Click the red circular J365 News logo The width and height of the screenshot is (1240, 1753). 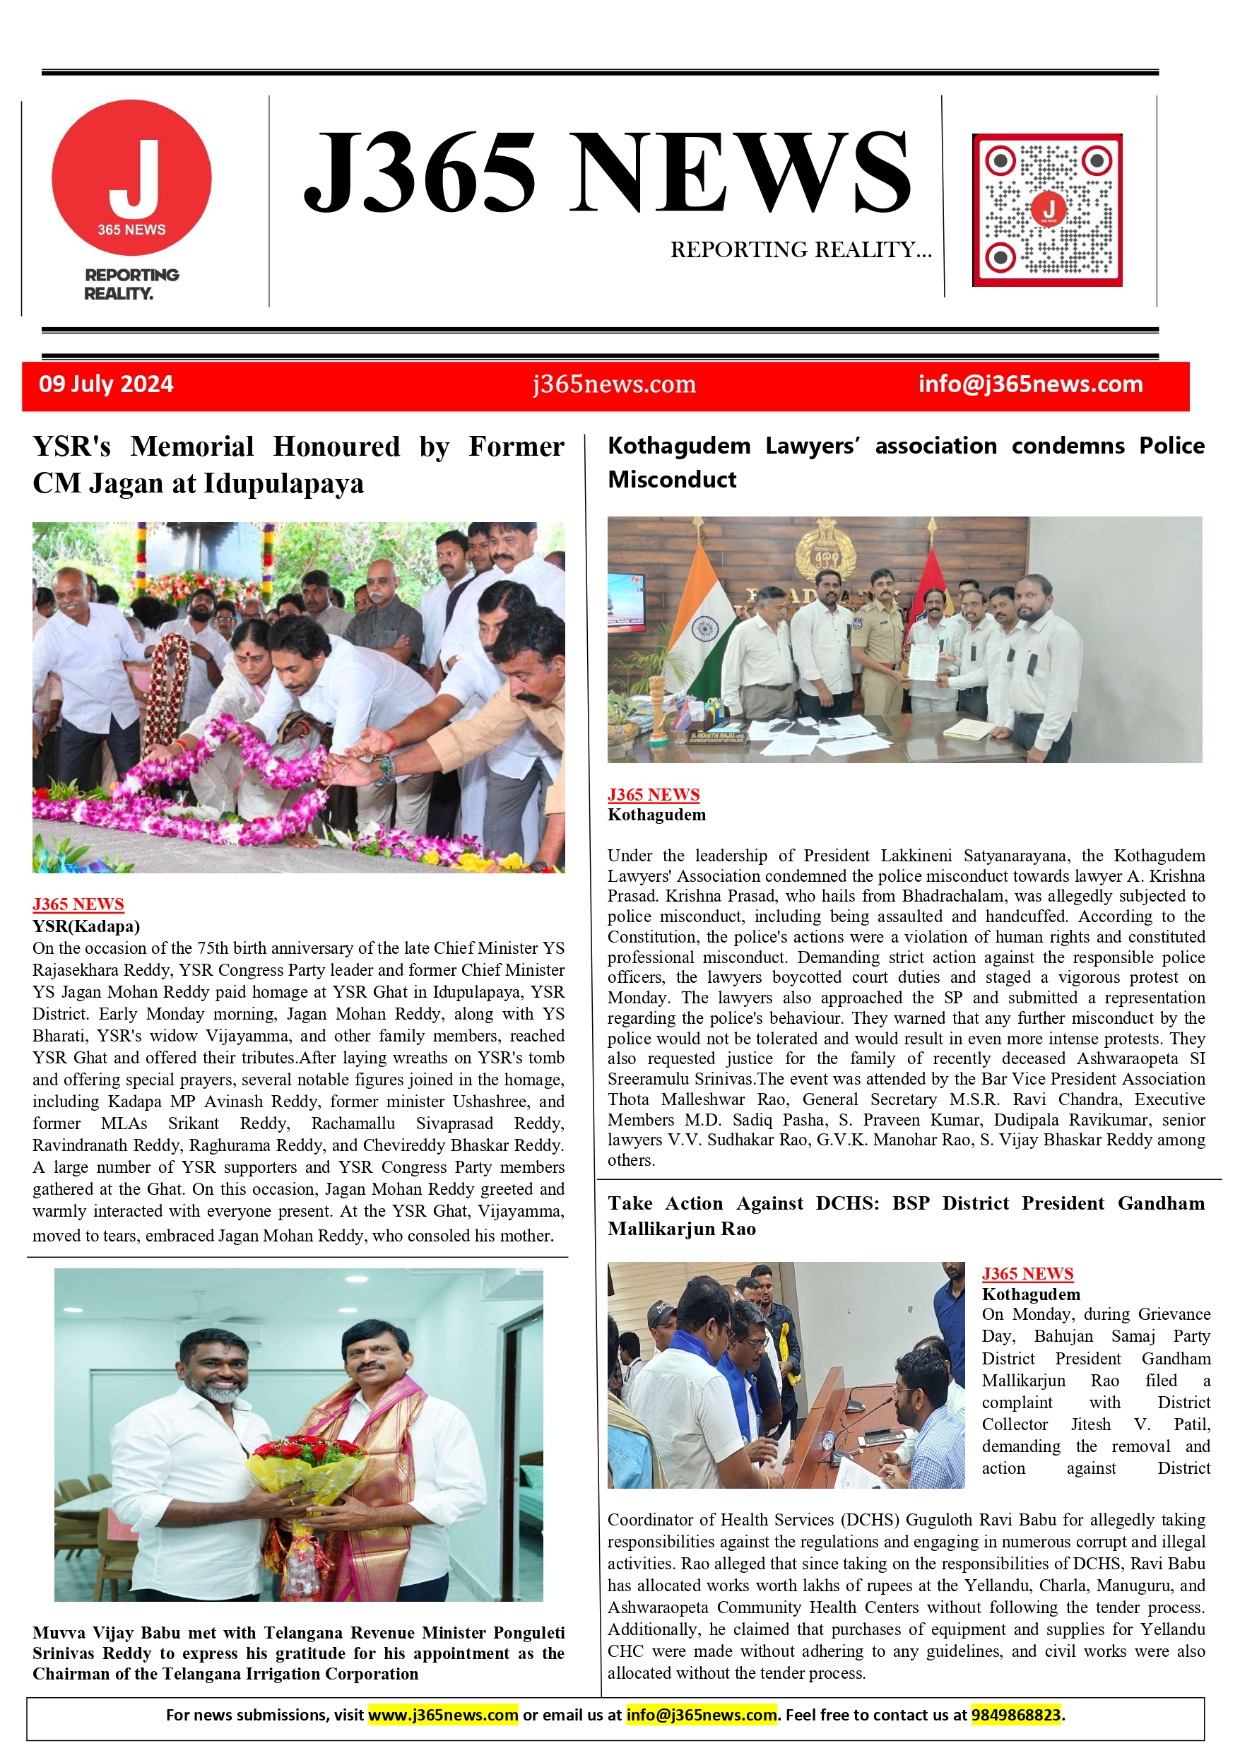point(131,178)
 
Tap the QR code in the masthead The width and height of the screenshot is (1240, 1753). point(1047,210)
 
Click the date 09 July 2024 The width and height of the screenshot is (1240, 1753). point(106,384)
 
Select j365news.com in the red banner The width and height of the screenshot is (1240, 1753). point(614,384)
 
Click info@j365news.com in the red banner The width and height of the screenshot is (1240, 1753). point(1030,384)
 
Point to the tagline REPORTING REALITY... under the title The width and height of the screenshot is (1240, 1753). point(801,249)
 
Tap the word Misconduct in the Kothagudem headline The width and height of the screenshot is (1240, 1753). point(672,480)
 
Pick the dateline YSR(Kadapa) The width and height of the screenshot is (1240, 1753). point(85,926)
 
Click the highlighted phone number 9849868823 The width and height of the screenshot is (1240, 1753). point(1015,1715)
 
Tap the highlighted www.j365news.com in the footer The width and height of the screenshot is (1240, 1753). point(443,1715)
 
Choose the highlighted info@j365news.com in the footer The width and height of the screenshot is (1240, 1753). point(701,1715)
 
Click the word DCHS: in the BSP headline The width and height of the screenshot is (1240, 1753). point(846,1203)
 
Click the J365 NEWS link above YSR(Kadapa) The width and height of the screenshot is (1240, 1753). point(78,904)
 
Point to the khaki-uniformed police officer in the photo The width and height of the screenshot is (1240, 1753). point(879,649)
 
